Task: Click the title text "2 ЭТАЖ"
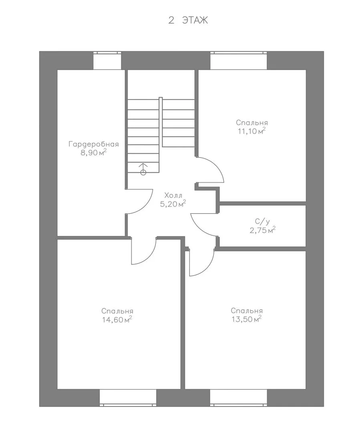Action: tap(188, 20)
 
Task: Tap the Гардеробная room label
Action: tap(94, 144)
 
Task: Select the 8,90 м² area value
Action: tap(94, 153)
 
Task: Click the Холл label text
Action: tap(173, 195)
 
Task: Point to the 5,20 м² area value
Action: tap(173, 204)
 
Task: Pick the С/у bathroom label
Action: tap(262, 221)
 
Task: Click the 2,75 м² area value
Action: tap(263, 230)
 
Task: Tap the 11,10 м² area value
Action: tap(251, 131)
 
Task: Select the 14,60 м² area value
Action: tap(117, 320)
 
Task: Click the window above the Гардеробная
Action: tap(107, 61)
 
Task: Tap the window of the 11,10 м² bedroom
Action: tap(239, 61)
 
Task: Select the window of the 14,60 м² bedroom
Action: tap(128, 398)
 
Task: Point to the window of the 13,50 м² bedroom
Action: tap(239, 398)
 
